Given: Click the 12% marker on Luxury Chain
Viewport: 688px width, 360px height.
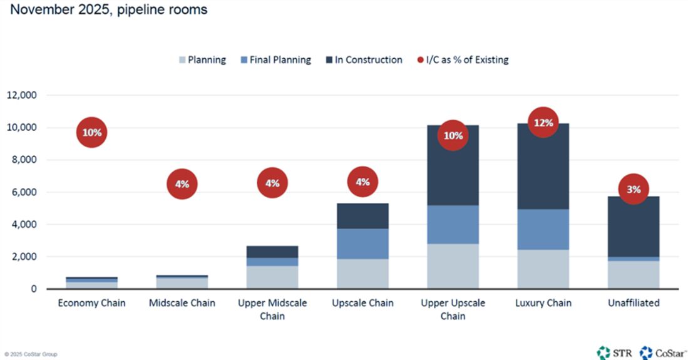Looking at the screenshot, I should pos(543,123).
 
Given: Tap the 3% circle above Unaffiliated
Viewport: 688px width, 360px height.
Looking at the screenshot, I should pos(633,189).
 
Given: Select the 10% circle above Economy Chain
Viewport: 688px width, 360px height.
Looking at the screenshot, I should pos(92,133).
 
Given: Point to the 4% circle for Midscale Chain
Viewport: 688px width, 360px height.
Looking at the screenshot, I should pos(182,184).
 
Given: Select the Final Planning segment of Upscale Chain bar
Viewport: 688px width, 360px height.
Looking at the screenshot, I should pos(362,244).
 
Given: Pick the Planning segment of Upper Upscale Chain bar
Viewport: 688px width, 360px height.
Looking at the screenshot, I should pos(453,266).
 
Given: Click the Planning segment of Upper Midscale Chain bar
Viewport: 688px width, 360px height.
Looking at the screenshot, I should pos(272,277).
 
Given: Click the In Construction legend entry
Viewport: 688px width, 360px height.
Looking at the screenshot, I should pos(364,60).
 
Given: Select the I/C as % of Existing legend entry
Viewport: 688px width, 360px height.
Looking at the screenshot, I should pos(463,60).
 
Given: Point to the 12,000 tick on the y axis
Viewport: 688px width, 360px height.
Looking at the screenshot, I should pos(23,96).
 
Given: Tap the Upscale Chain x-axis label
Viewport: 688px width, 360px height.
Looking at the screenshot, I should pos(362,303).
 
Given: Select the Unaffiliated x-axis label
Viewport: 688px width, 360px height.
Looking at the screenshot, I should pos(633,303).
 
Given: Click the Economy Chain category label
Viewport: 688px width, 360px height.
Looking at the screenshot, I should pos(92,303).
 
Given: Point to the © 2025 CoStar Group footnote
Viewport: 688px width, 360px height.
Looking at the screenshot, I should pos(31,354).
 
